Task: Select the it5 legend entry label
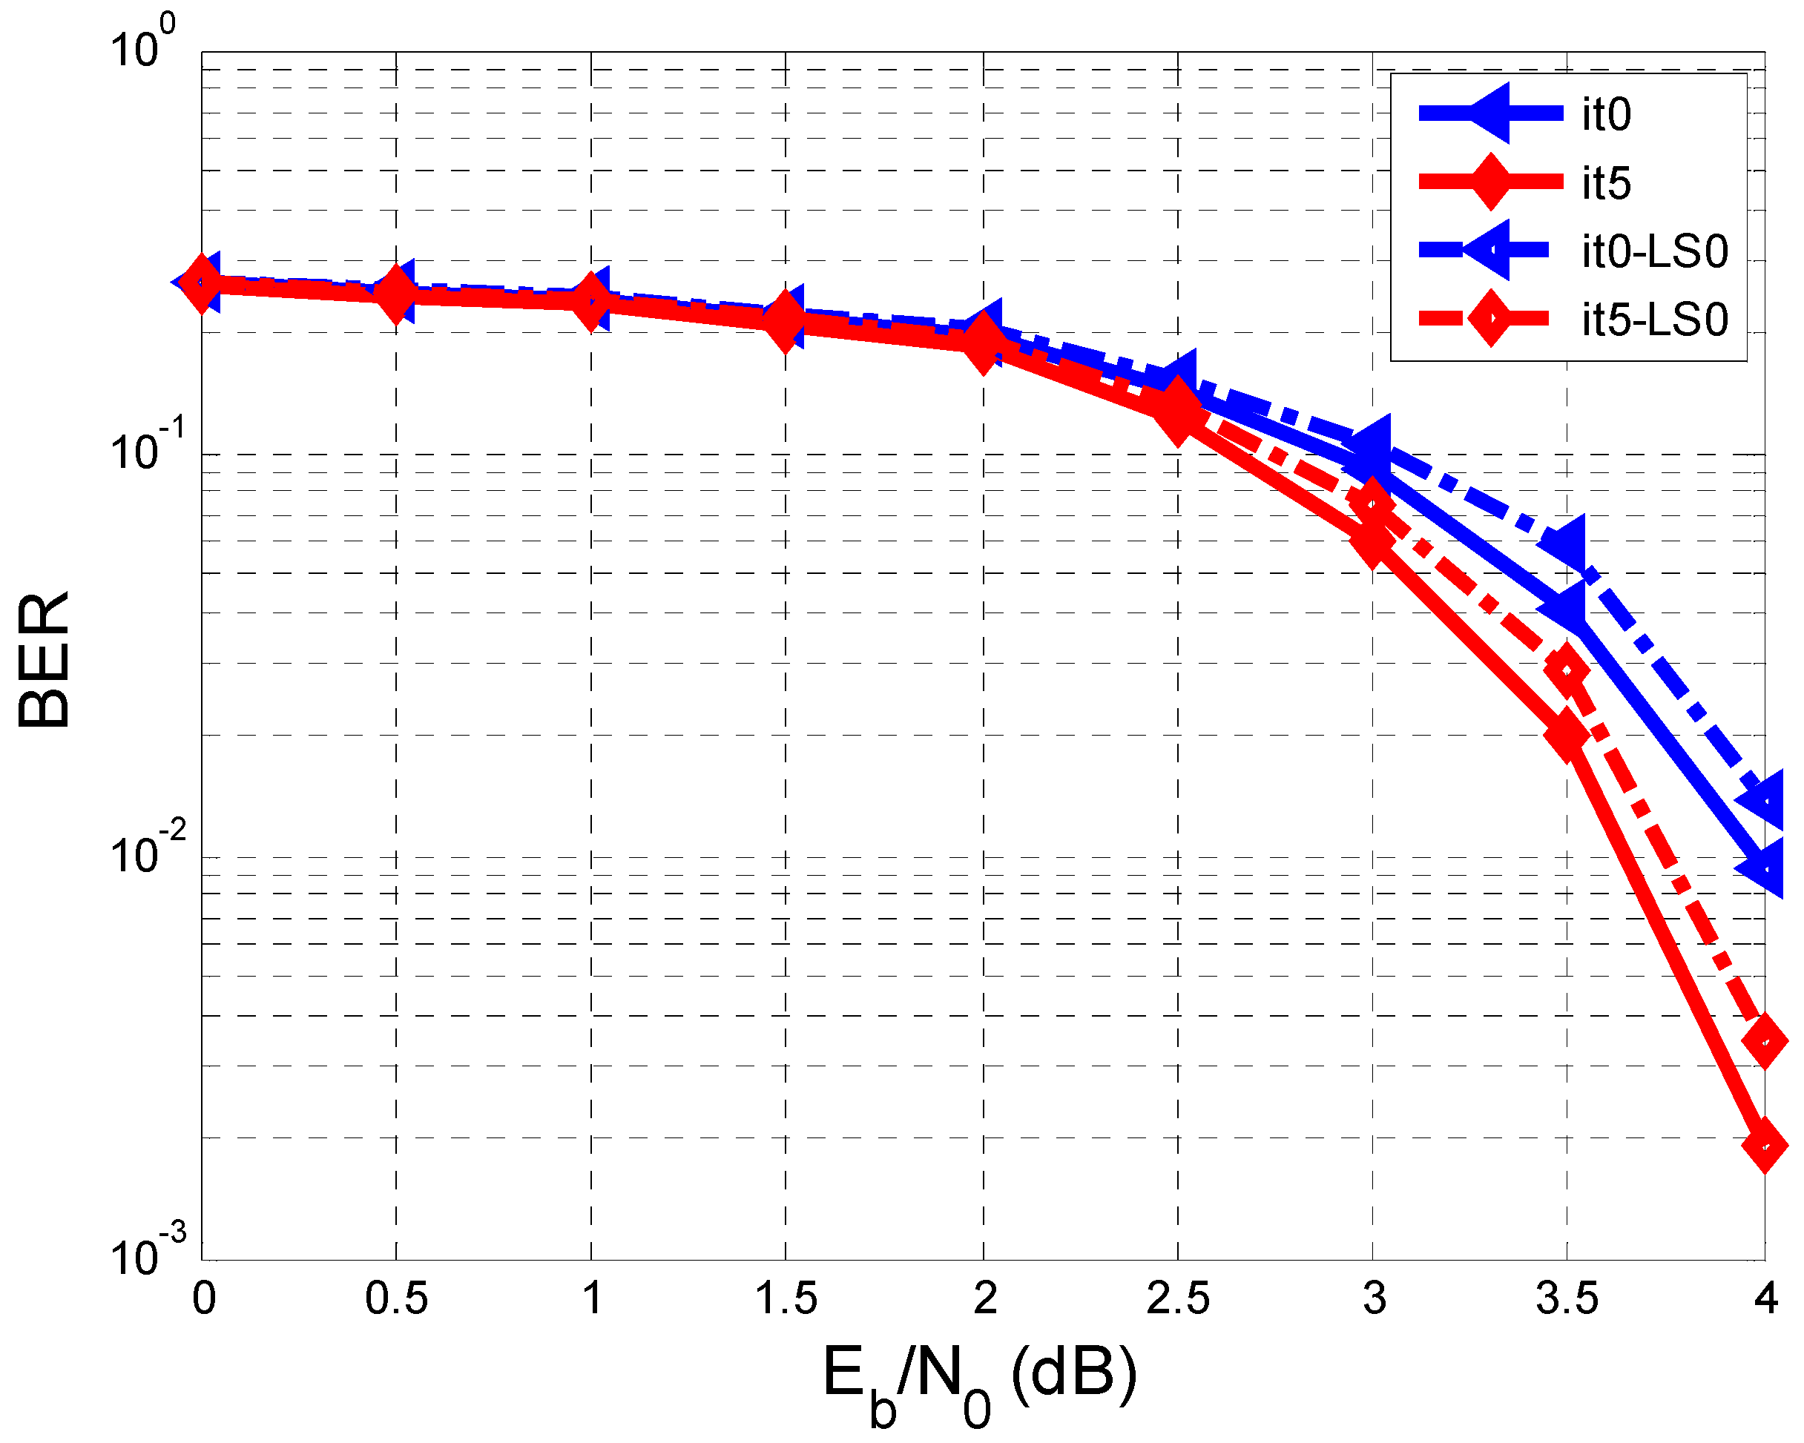pyautogui.click(x=1606, y=182)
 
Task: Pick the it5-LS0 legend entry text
pyautogui.click(x=1654, y=320)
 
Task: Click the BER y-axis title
pyautogui.click(x=44, y=660)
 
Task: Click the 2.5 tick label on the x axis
pyautogui.click(x=1177, y=1299)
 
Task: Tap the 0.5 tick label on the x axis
pyautogui.click(x=396, y=1299)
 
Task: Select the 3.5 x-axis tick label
pyautogui.click(x=1567, y=1299)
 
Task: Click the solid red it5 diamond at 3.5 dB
pyautogui.click(x=1567, y=734)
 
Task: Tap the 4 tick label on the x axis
pyautogui.click(x=1765, y=1299)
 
